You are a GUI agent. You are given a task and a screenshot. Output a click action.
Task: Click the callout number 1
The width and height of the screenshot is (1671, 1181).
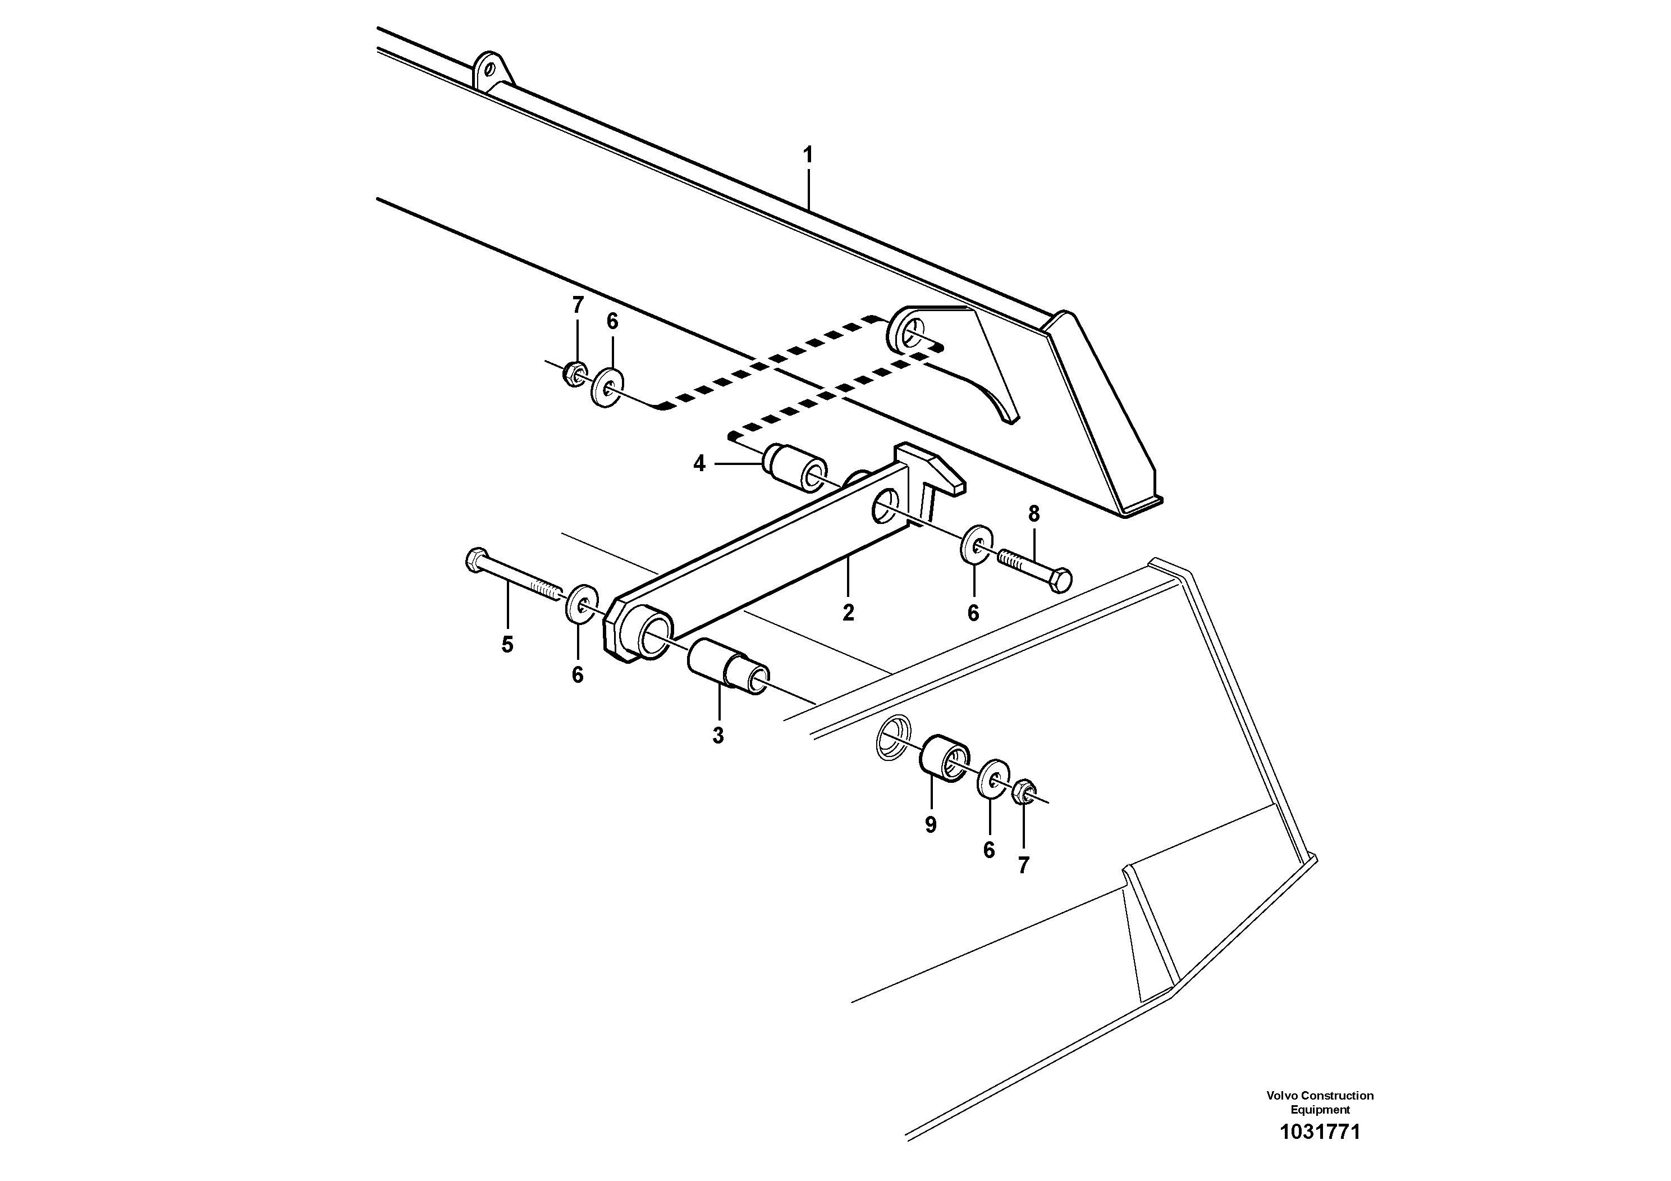coord(807,155)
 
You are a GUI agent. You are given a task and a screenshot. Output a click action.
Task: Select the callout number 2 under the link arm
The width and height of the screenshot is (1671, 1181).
coord(848,613)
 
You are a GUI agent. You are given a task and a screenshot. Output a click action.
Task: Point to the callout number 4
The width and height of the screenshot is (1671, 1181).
coord(699,463)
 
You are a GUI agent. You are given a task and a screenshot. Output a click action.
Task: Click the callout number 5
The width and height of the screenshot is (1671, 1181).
coord(507,644)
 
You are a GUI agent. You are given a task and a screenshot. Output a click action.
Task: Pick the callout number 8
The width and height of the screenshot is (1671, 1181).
coord(1033,514)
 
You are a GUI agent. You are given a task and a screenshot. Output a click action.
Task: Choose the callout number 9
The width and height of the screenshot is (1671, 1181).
coord(930,825)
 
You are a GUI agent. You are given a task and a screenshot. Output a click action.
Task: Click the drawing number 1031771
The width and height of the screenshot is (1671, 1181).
coord(1320,1132)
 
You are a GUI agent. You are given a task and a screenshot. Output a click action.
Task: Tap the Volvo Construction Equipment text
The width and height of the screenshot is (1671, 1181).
coord(1320,1102)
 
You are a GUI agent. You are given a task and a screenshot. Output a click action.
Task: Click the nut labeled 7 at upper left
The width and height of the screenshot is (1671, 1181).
coord(575,373)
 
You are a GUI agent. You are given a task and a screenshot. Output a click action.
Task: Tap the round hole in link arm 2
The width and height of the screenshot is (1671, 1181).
coord(884,506)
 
